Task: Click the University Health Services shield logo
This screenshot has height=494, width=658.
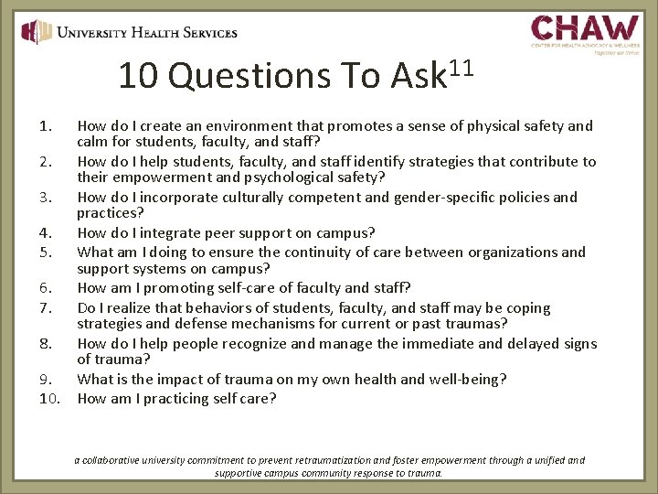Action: coord(37,33)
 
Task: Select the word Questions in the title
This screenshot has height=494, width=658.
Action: coord(249,77)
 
